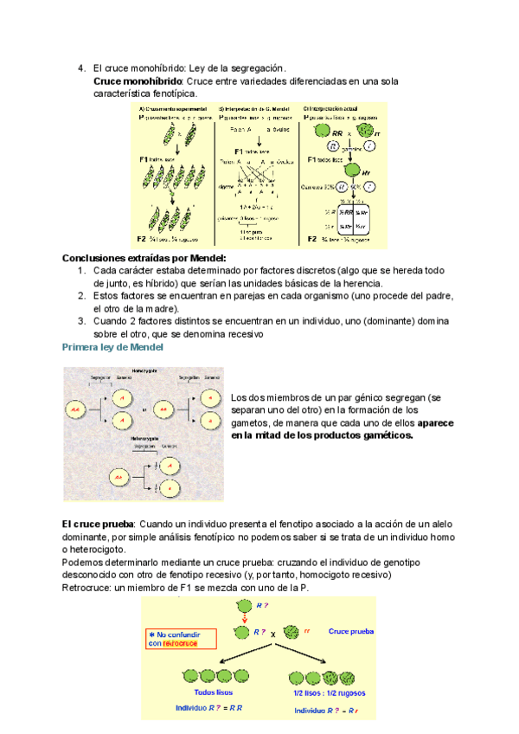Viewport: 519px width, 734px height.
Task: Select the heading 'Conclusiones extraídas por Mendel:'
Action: point(144,258)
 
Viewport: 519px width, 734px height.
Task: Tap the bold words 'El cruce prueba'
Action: point(97,525)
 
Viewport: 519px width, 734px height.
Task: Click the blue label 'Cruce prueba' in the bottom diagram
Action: point(351,631)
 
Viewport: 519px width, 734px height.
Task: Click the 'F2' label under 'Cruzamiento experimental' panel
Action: point(142,238)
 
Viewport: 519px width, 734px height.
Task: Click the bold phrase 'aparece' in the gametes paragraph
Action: point(440,422)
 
